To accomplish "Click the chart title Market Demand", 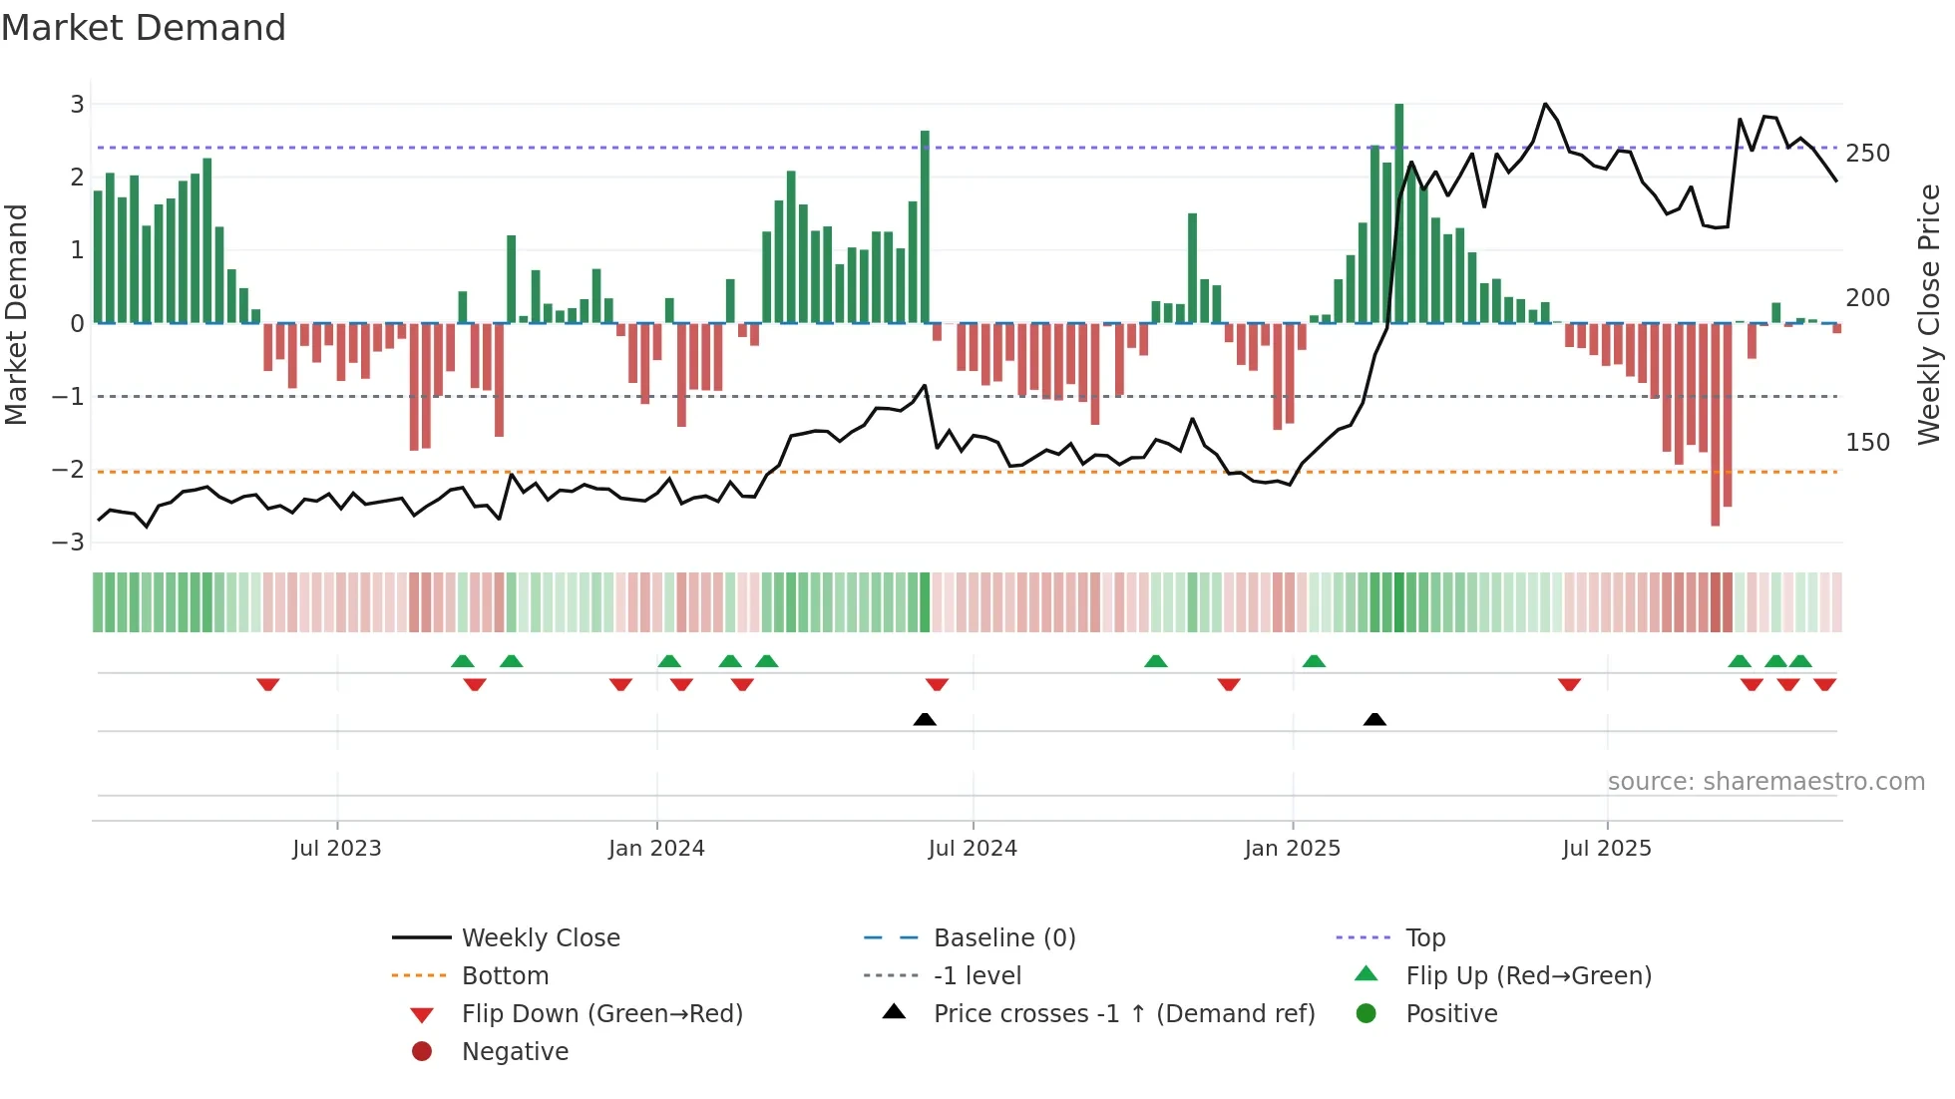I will pyautogui.click(x=144, y=28).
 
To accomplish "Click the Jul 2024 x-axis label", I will pyautogui.click(x=973, y=849).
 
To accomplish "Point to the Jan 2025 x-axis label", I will pyautogui.click(x=1292, y=849).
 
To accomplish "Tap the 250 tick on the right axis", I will pyautogui.click(x=1867, y=154).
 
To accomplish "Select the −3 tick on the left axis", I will pyautogui.click(x=69, y=543).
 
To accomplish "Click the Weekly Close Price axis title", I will pyautogui.click(x=1929, y=314).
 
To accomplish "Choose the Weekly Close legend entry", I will pyautogui.click(x=540, y=938).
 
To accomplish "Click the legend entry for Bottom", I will pyautogui.click(x=505, y=976).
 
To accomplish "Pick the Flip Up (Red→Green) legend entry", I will pyautogui.click(x=1528, y=976).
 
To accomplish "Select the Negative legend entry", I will pyautogui.click(x=515, y=1052).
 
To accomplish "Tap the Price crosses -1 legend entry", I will pyautogui.click(x=1123, y=1014).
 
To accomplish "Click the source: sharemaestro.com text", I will pyautogui.click(x=1765, y=782).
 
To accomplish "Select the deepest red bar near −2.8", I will pyautogui.click(x=1716, y=424).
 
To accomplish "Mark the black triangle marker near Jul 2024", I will pyautogui.click(x=925, y=719).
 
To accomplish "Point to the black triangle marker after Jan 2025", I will pyautogui.click(x=1374, y=719).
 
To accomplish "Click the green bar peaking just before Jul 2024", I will pyautogui.click(x=925, y=226).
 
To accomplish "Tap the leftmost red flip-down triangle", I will pyautogui.click(x=267, y=684).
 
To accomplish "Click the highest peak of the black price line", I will pyautogui.click(x=1545, y=105).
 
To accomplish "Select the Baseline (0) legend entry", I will pyautogui.click(x=1003, y=938).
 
